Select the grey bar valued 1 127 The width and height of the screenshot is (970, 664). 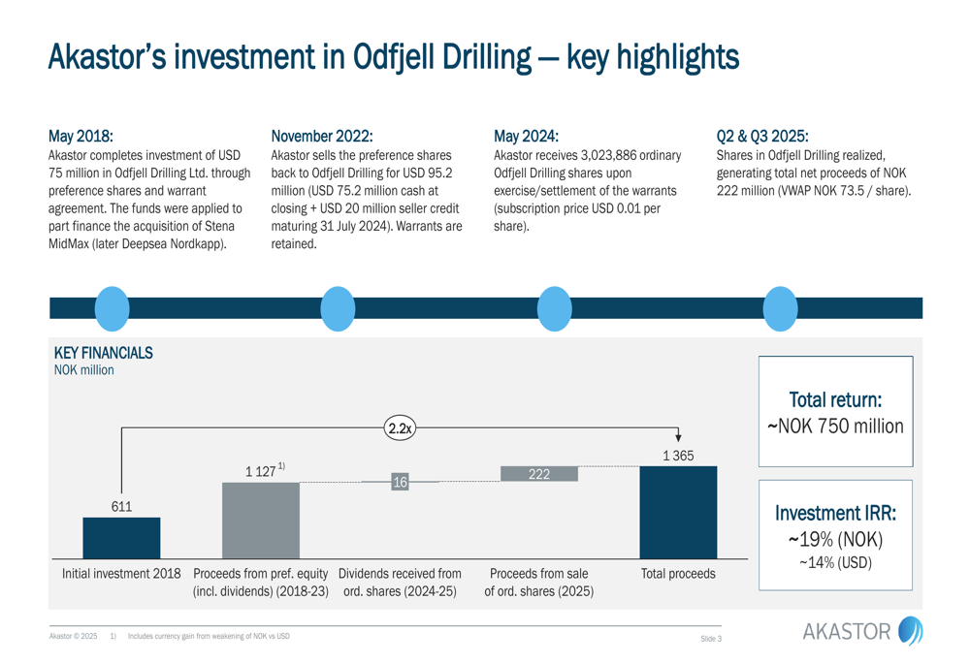click(x=261, y=520)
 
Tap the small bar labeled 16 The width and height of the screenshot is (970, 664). click(x=400, y=482)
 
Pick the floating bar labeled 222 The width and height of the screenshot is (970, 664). click(x=538, y=474)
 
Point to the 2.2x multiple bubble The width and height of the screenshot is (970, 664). click(x=400, y=427)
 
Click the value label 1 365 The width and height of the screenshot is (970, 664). click(x=678, y=456)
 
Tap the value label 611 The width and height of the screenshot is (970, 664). click(x=121, y=506)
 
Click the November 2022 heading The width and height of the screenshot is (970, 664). click(x=322, y=136)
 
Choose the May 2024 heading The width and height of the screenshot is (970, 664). click(x=526, y=136)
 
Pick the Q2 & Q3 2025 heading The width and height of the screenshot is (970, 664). click(x=761, y=136)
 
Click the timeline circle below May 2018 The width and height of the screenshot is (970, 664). click(x=113, y=308)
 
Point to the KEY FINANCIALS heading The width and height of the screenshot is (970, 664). click(x=103, y=353)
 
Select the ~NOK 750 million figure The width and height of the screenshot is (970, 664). click(x=835, y=427)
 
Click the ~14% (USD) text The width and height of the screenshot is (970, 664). click(x=835, y=562)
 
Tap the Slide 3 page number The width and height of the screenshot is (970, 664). click(x=711, y=638)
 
